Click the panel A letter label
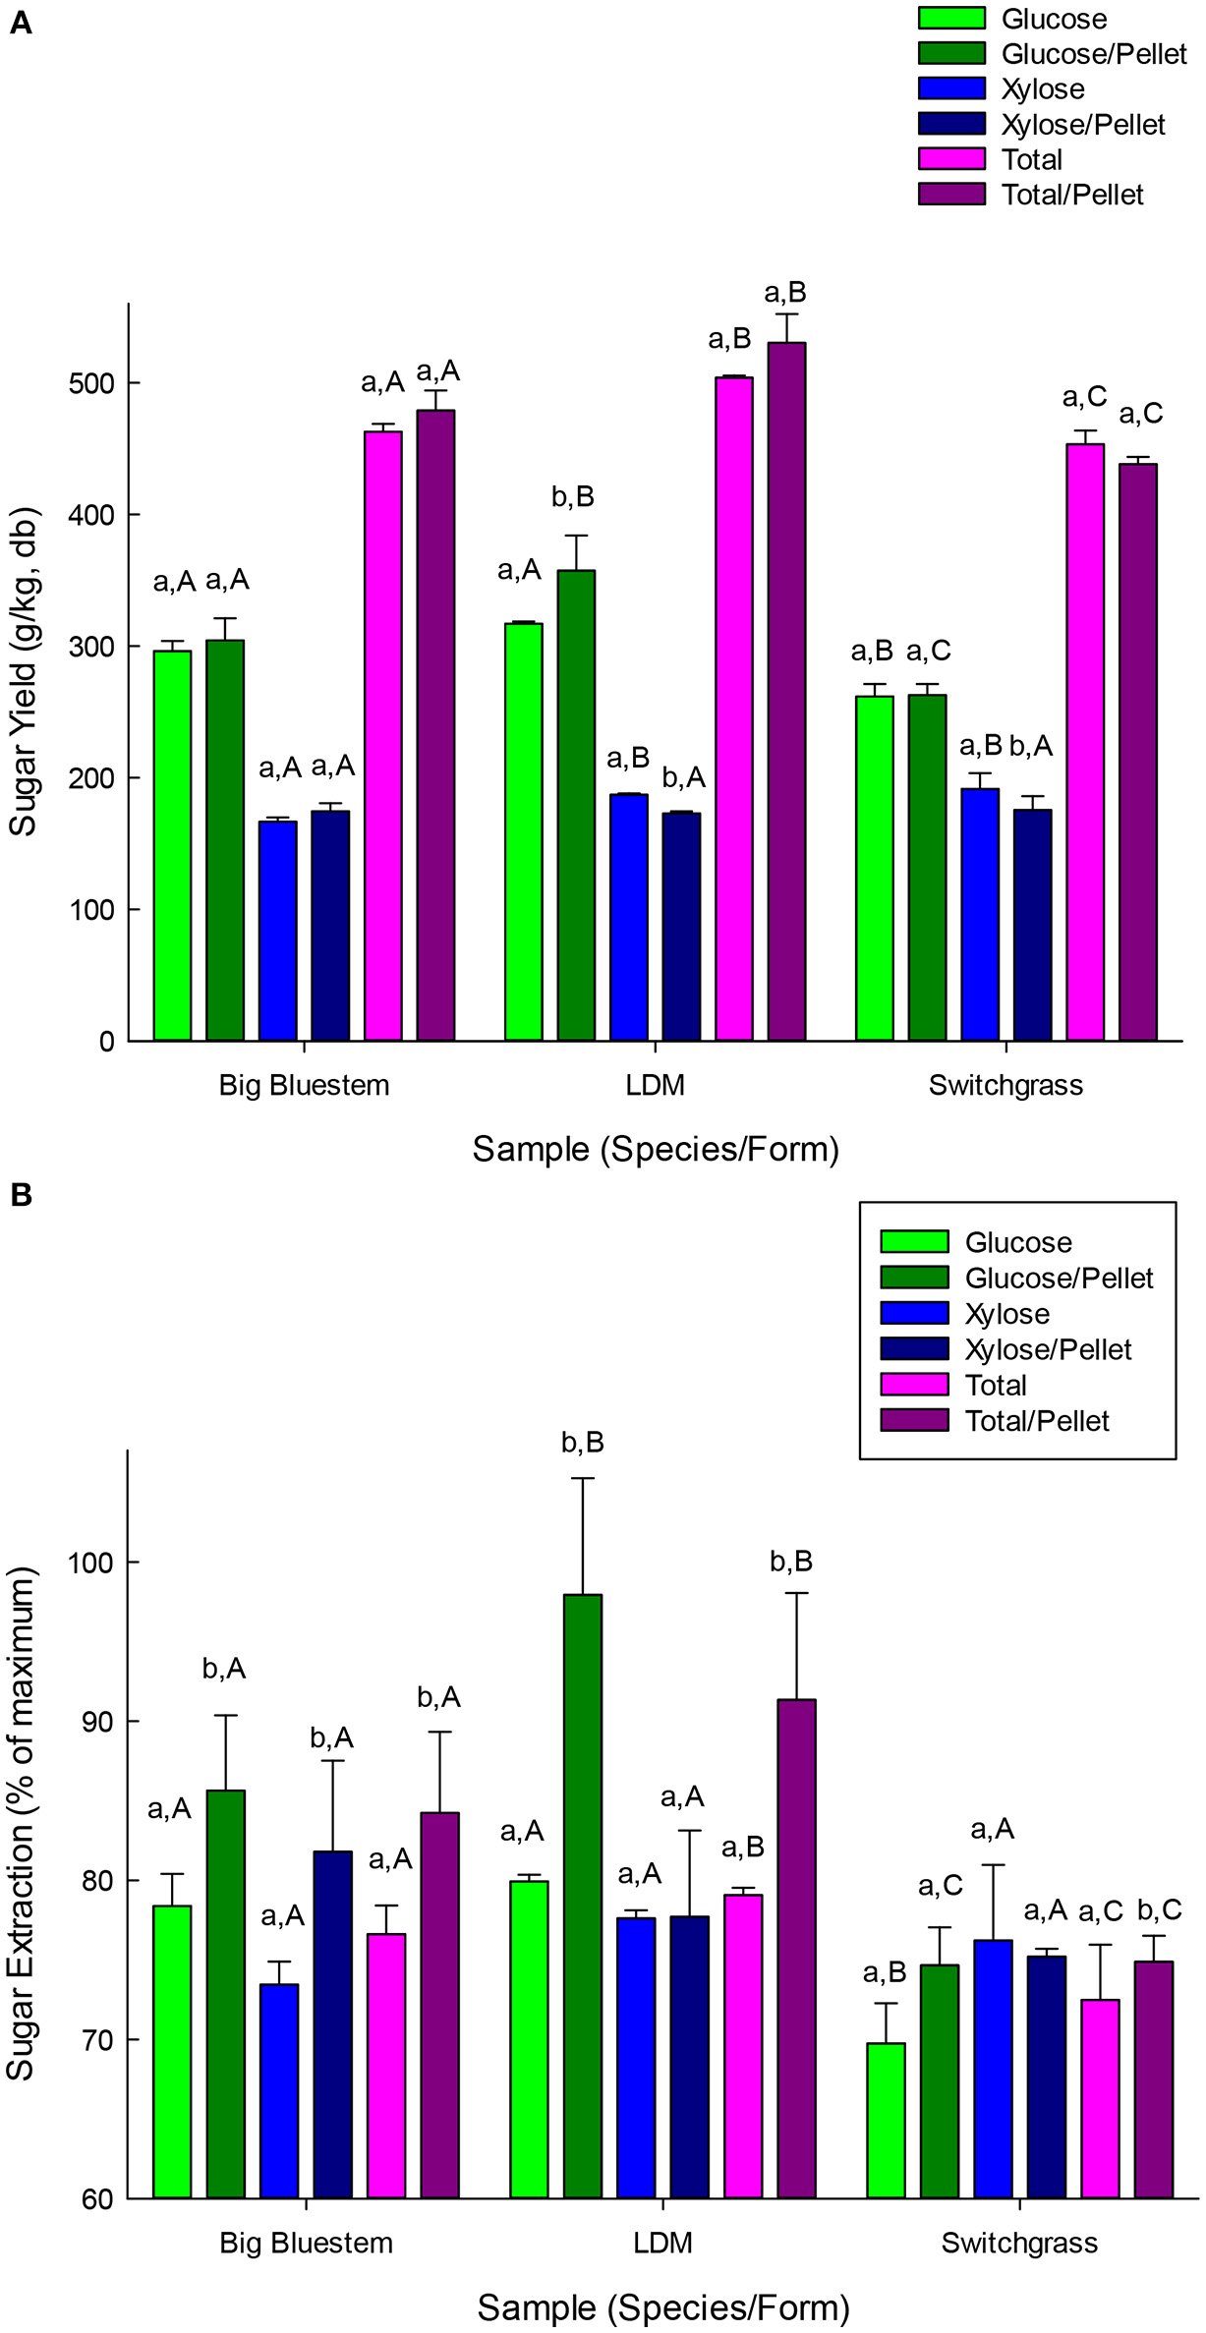[20, 23]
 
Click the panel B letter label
[20, 1195]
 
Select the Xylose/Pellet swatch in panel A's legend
[950, 124]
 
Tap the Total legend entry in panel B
[996, 1386]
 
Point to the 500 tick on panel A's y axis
[90, 383]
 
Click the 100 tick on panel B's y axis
[90, 1563]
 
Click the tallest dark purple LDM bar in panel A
[786, 688]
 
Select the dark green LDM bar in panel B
[583, 1897]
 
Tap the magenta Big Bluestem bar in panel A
[383, 737]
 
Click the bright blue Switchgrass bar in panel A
[980, 914]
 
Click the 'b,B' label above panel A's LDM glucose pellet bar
[572, 497]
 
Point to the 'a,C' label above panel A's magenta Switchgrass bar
[1084, 397]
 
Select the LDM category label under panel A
[655, 1086]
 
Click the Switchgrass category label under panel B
[1019, 2244]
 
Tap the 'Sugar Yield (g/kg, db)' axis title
[24, 672]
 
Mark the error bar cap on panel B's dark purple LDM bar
[796, 1593]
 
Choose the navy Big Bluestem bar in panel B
[332, 2024]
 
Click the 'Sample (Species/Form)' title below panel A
[656, 1149]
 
